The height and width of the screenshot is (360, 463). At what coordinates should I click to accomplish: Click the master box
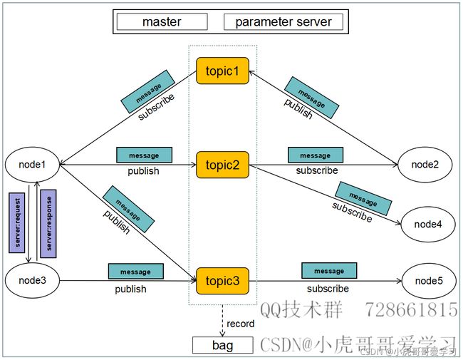tap(162, 21)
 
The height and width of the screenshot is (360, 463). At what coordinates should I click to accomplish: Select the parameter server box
tap(283, 21)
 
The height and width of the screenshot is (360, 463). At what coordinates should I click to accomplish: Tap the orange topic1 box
tap(223, 71)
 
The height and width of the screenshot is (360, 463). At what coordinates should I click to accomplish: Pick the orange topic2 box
tap(223, 165)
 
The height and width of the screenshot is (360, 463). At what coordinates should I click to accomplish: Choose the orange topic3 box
tap(223, 281)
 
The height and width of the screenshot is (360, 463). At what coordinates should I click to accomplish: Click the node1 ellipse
tap(32, 165)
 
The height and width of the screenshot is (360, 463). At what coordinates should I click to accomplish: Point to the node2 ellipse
tap(425, 165)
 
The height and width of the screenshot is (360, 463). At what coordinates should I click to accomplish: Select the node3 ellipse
tap(32, 280)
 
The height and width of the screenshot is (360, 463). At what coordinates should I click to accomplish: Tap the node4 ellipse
tap(428, 224)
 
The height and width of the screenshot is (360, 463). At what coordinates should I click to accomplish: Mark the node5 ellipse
tap(429, 281)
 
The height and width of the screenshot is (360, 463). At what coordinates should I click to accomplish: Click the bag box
tap(223, 345)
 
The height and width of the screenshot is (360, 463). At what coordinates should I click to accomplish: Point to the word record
tap(240, 324)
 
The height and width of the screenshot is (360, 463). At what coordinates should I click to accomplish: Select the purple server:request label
tap(17, 223)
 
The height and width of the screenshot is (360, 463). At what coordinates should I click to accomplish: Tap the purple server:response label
tap(48, 224)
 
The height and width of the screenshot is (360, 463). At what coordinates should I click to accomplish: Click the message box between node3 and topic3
tap(136, 272)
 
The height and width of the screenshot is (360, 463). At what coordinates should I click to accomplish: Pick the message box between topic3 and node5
tap(329, 271)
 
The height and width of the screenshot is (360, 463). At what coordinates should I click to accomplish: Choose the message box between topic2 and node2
tap(316, 155)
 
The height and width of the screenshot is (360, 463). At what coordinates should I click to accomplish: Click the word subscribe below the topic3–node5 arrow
tap(328, 289)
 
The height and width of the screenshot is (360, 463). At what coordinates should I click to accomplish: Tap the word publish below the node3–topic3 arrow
tap(130, 289)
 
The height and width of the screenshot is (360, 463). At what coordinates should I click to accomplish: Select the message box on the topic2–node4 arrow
tap(363, 199)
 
